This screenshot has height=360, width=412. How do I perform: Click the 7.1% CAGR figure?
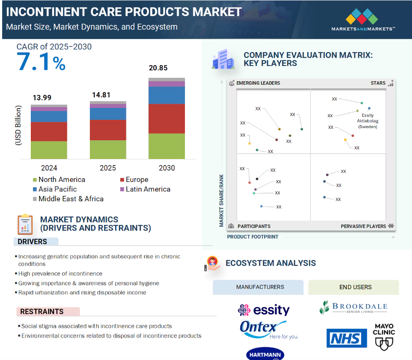coord(41,61)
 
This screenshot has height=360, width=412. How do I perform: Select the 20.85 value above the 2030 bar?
coord(158,68)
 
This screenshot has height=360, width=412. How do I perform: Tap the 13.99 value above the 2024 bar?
coord(42,98)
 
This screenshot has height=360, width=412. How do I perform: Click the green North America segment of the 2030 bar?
coord(167,146)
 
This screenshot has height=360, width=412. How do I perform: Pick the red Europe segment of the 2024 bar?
coord(49,131)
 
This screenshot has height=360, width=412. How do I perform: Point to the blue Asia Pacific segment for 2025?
coord(108,114)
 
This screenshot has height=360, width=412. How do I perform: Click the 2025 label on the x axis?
coord(108,168)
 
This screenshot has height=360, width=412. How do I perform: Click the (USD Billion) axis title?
coord(18,125)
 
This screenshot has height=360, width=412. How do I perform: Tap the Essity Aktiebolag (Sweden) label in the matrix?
coord(367,121)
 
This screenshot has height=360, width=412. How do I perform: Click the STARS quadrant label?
coord(378,83)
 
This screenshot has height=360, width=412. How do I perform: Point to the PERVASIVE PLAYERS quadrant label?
coord(363,226)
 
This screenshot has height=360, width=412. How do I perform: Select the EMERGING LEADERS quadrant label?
coord(258,83)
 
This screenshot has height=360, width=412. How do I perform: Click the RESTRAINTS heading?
coord(42,311)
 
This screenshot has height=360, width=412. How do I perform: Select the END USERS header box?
coord(355,287)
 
